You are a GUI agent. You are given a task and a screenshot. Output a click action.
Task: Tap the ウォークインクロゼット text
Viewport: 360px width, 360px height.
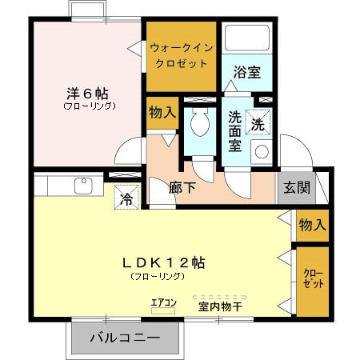coord(180,55)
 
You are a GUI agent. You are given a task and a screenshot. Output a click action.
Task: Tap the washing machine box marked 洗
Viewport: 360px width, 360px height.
coord(258,124)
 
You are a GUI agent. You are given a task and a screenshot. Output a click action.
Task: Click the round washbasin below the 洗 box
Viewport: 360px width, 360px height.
coord(261,151)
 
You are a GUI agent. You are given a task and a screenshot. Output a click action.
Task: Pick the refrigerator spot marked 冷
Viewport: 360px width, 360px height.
coord(125,197)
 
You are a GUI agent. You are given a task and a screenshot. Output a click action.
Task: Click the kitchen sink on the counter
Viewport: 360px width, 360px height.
coord(83,186)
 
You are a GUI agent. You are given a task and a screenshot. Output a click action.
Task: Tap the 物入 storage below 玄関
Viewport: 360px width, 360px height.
coord(311,225)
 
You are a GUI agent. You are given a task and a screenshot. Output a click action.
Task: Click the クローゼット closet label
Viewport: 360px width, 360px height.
coord(312,279)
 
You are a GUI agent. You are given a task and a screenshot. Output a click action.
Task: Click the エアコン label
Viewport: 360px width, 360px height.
coord(162,302)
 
